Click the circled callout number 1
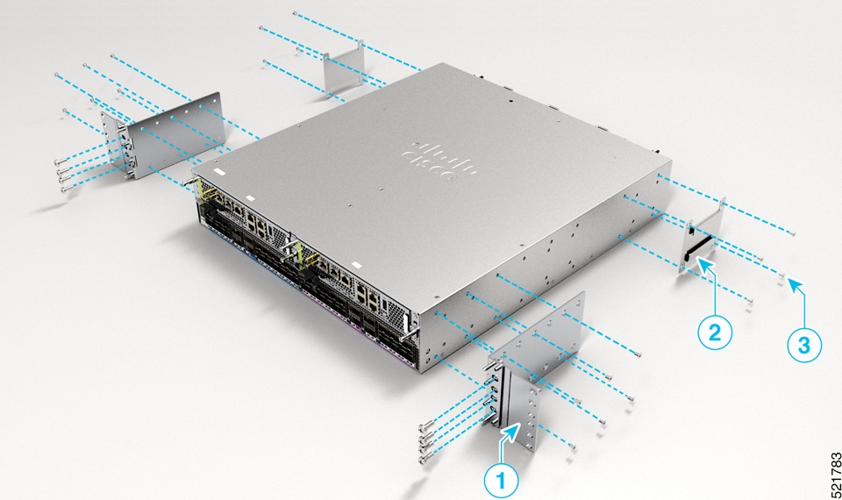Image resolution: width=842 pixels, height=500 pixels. click(x=501, y=479)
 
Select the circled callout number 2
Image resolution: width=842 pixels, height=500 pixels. click(x=715, y=332)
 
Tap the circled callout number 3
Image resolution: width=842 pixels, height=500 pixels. click(x=804, y=344)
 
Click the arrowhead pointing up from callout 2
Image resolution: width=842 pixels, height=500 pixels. click(x=705, y=262)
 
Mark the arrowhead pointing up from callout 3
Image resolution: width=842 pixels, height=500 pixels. click(x=791, y=282)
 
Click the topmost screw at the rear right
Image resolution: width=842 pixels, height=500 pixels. click(x=793, y=232)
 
